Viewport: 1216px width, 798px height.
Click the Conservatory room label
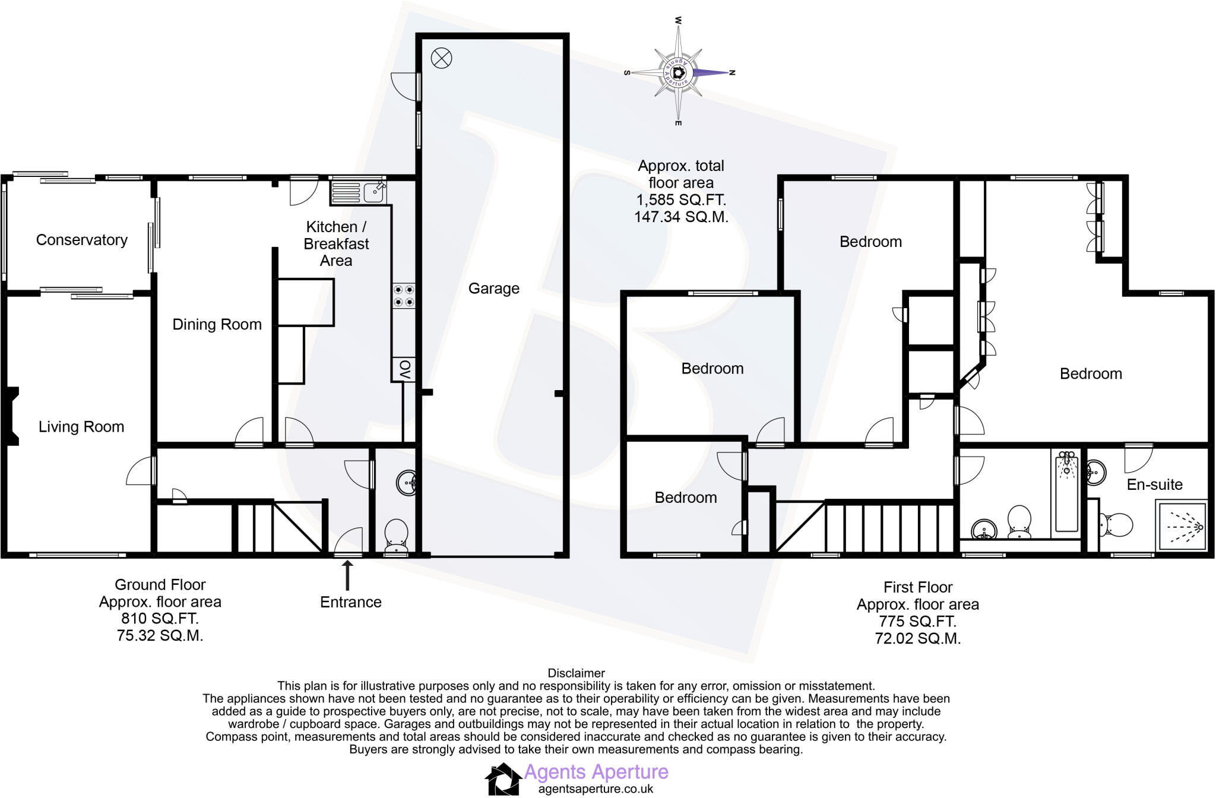click(x=82, y=240)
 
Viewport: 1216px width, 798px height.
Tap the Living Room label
click(x=81, y=427)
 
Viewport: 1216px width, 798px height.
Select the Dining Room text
click(x=217, y=325)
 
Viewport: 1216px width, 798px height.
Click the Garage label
click(x=493, y=289)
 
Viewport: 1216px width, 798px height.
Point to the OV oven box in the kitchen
click(x=404, y=370)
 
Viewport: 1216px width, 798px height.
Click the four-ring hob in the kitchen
click(x=404, y=296)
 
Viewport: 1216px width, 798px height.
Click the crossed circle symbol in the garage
click(x=441, y=58)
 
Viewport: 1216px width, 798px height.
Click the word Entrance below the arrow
click(x=350, y=602)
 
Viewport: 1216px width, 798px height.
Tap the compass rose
click(x=679, y=72)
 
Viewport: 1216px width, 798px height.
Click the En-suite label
click(x=1154, y=484)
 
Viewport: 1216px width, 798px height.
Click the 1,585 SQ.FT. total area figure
click(x=681, y=199)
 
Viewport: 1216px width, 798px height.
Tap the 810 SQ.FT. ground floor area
click(x=160, y=619)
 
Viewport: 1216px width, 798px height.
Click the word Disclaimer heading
click(x=576, y=673)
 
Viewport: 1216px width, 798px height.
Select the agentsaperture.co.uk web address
click(x=596, y=789)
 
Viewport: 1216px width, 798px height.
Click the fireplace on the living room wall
click(x=12, y=416)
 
